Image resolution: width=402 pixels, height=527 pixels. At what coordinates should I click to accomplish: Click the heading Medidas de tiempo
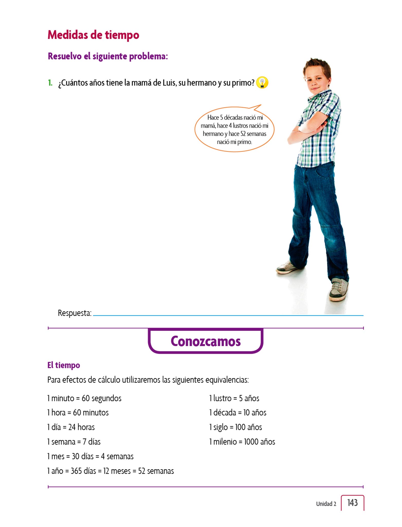93,35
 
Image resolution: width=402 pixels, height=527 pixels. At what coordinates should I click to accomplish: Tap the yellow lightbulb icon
262,83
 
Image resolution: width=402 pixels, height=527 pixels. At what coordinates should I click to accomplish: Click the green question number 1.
50,83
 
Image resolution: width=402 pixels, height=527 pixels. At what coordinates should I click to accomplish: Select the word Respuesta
75,313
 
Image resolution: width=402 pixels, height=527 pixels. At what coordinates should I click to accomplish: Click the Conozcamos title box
206,341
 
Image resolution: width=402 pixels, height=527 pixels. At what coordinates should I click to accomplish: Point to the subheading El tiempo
63,365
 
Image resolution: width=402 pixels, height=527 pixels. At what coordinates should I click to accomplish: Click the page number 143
352,503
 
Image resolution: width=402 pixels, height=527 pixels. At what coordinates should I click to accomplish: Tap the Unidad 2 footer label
326,504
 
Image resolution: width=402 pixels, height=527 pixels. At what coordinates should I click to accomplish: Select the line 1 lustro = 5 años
234,398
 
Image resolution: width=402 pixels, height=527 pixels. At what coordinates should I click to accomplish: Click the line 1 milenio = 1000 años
242,442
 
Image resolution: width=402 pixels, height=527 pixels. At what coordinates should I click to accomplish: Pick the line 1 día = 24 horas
71,427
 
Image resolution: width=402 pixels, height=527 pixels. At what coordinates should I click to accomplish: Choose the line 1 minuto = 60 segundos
84,398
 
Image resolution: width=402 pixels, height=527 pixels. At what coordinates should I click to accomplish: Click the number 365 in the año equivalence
76,471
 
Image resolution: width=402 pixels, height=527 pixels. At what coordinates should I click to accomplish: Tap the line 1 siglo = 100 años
236,427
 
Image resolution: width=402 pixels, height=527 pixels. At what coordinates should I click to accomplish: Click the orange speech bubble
234,129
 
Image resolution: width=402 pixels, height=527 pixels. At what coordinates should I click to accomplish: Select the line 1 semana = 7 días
74,442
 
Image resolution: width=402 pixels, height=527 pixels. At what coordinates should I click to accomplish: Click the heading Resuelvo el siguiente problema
108,56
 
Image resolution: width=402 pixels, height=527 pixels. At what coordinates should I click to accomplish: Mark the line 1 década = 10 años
238,413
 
